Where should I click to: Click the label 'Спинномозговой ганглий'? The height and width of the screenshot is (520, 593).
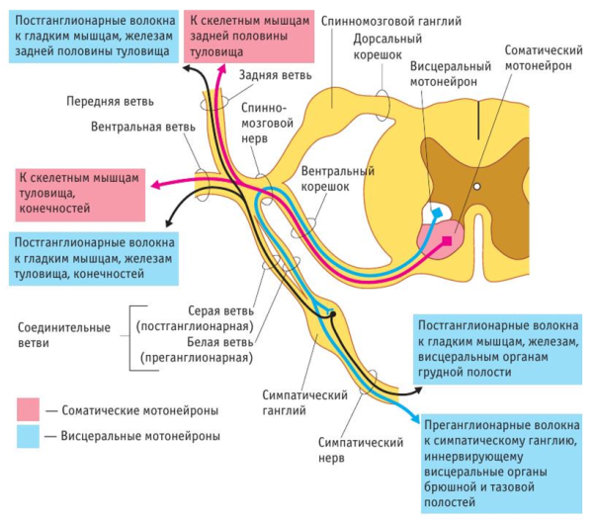(387, 21)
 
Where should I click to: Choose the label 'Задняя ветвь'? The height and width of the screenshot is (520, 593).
(275, 75)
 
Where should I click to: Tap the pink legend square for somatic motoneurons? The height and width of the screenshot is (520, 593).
(29, 409)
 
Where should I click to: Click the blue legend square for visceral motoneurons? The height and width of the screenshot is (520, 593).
(29, 435)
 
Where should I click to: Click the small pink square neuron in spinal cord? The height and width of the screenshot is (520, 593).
(448, 240)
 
